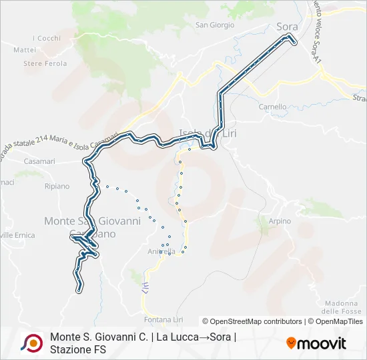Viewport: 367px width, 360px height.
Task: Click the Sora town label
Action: [287, 27]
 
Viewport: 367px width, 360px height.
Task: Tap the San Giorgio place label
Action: [214, 25]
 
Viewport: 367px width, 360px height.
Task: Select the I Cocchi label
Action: [46, 38]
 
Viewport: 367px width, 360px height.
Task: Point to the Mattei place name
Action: [25, 49]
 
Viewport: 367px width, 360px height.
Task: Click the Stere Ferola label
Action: [45, 64]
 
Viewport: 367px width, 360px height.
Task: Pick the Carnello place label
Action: [272, 107]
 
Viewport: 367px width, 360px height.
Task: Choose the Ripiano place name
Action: [57, 186]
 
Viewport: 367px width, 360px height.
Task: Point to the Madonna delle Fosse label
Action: [340, 307]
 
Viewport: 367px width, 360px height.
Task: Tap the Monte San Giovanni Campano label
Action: [92, 227]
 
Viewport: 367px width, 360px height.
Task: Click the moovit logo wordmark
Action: [322, 343]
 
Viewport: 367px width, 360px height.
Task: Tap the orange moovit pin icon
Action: [291, 343]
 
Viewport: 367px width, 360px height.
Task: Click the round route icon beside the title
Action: [31, 343]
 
